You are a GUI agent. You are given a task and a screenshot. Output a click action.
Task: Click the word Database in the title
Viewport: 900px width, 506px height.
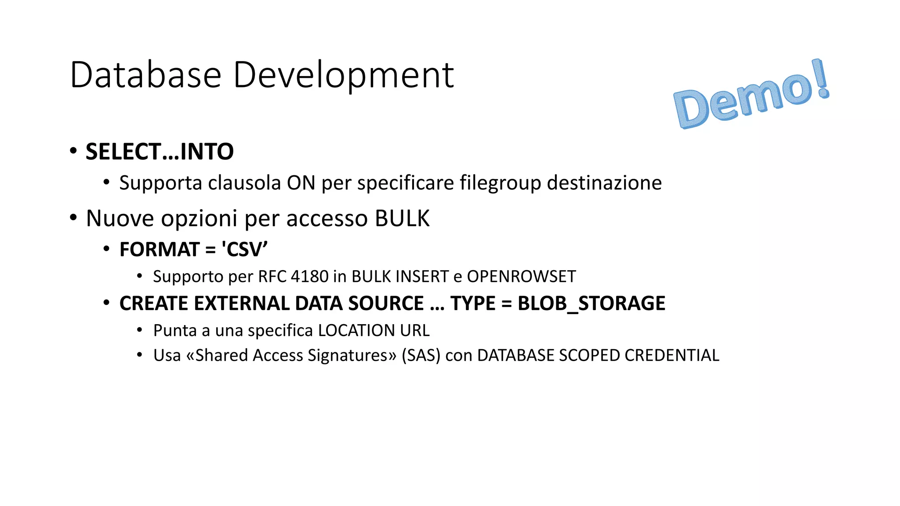[x=145, y=75]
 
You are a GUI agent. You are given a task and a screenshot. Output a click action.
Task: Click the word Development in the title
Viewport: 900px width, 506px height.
[x=343, y=75]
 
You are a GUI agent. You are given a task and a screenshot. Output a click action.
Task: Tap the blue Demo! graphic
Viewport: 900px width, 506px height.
[x=751, y=95]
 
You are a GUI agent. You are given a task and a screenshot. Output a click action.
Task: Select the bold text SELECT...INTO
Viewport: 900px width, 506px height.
[x=160, y=152]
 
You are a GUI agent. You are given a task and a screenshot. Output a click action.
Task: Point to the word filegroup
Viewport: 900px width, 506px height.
[x=500, y=183]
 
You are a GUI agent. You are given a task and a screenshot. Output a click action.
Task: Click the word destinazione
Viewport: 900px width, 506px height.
[x=604, y=183]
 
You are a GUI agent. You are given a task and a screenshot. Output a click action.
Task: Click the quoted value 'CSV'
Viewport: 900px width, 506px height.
[x=244, y=249]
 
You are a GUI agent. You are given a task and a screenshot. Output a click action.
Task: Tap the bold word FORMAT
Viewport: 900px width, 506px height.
[x=160, y=249]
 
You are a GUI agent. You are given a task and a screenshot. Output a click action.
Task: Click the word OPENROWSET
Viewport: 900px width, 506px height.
[x=521, y=277]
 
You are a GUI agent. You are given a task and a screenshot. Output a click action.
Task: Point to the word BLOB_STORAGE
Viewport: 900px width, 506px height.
[x=592, y=304]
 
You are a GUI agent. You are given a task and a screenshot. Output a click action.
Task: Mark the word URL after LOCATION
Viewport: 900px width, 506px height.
[x=414, y=331]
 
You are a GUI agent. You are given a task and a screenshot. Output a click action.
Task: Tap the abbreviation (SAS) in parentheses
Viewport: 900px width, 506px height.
[x=421, y=355]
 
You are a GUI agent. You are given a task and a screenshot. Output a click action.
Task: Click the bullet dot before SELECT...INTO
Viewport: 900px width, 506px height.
[x=73, y=151]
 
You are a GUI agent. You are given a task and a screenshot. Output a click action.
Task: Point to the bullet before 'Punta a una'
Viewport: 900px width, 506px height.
[x=140, y=329]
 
